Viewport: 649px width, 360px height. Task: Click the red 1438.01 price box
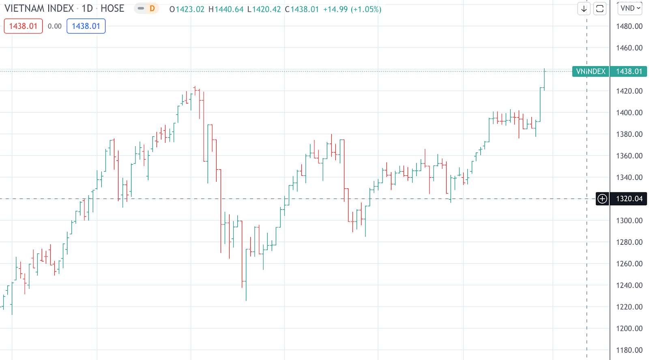23,26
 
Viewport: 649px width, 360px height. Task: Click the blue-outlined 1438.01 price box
86,26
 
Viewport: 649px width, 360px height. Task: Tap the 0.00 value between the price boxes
55,26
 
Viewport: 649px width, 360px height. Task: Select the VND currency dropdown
630,8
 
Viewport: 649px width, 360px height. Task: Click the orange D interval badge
152,9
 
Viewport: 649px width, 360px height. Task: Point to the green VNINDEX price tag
591,71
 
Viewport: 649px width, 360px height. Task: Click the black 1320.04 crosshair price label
629,199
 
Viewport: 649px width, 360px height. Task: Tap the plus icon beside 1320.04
602,199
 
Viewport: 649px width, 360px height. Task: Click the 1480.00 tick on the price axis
629,26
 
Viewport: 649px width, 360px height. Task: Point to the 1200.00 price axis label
629,328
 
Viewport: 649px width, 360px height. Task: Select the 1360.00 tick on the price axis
629,156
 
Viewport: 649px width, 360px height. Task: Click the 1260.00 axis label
629,264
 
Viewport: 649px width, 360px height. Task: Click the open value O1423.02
187,9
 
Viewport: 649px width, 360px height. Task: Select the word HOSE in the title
112,9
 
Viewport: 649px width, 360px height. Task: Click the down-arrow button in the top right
584,9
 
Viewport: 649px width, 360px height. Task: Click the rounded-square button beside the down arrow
600,9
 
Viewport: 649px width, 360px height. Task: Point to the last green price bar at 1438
544,79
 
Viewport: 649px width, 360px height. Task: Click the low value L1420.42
264,9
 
